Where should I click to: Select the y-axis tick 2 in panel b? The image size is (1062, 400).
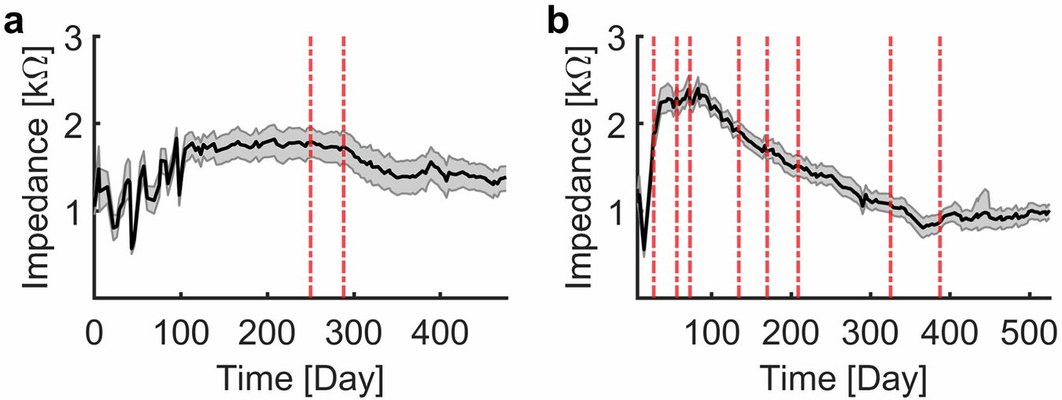point(619,124)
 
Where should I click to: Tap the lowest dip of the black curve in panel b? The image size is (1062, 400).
point(644,250)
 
